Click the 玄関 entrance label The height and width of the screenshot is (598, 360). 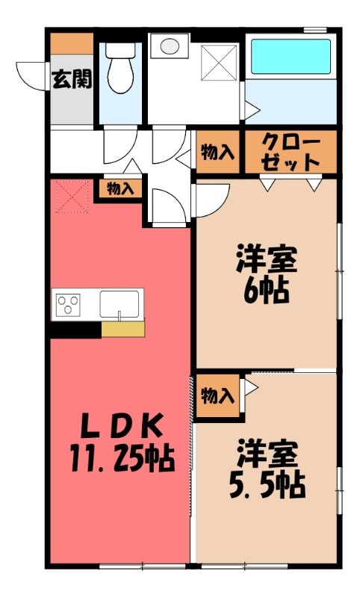click(72, 80)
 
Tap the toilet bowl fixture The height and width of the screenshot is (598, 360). click(120, 67)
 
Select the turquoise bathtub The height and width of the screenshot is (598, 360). click(291, 57)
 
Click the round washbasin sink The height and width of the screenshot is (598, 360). click(170, 46)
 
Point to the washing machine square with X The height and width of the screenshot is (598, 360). click(219, 63)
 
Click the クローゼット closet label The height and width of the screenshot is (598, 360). click(291, 152)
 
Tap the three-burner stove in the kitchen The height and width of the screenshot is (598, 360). click(68, 305)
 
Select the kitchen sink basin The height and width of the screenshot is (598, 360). click(120, 303)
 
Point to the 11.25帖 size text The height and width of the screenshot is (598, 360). click(122, 457)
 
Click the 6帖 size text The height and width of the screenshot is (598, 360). click(266, 291)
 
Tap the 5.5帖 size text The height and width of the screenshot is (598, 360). click(267, 485)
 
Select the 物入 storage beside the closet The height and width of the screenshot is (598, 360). click(218, 152)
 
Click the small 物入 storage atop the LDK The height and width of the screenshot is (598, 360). click(120, 189)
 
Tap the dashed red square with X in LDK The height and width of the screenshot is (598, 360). click(72, 197)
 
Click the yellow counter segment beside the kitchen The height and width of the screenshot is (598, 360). click(123, 329)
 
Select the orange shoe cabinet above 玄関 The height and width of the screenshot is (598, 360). click(72, 44)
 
